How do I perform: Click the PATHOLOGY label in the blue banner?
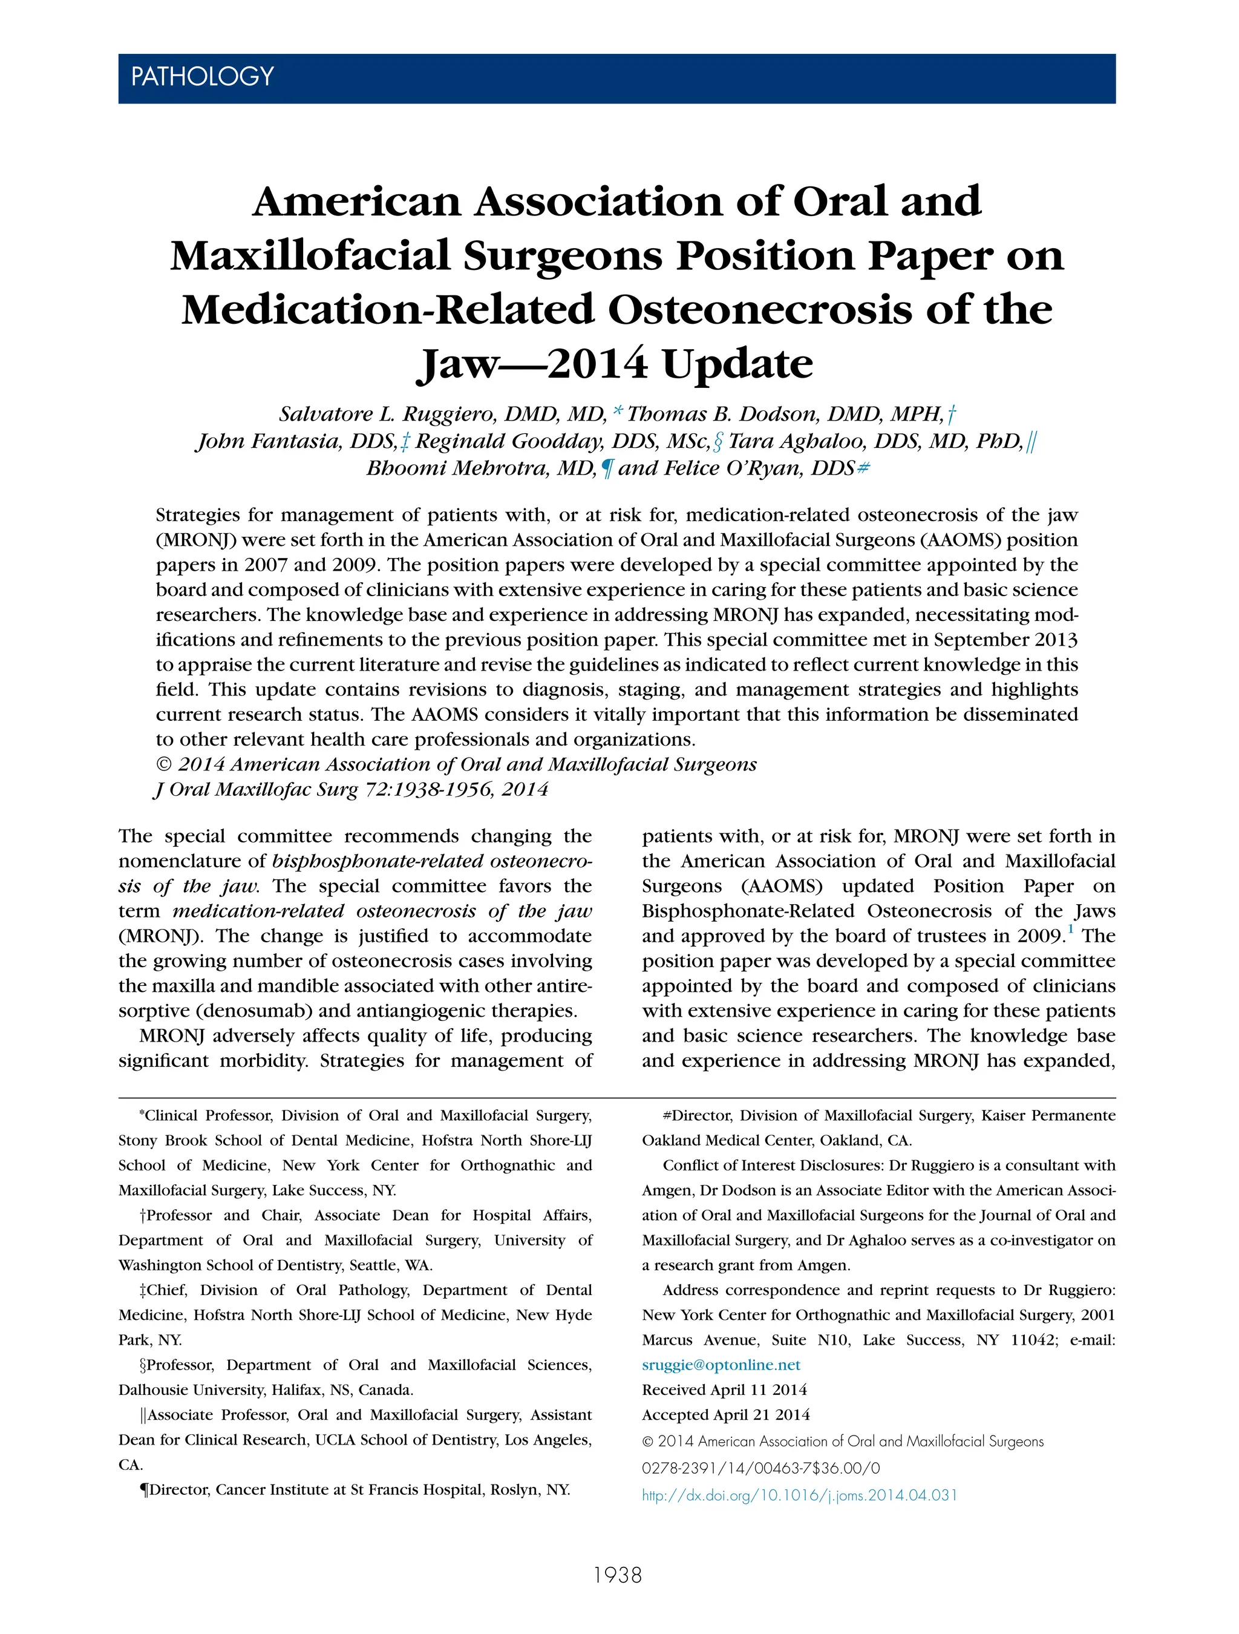pyautogui.click(x=201, y=77)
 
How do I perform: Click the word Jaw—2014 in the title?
pyautogui.click(x=532, y=364)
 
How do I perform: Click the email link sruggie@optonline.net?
pyautogui.click(x=721, y=1364)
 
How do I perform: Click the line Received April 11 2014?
pyautogui.click(x=724, y=1390)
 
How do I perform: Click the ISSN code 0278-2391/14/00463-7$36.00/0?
pyautogui.click(x=760, y=1469)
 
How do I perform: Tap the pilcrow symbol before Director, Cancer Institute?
pyautogui.click(x=144, y=1489)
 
